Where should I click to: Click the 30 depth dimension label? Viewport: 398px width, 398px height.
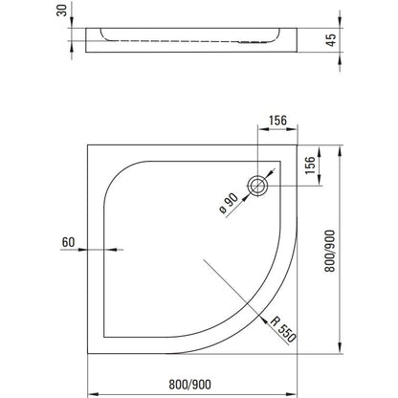[x=64, y=11]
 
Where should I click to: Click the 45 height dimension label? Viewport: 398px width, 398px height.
[x=332, y=40]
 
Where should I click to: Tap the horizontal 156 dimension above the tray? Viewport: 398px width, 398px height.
[x=277, y=121]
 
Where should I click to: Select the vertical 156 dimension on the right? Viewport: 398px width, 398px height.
[x=310, y=166]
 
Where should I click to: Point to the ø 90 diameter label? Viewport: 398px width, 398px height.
[x=229, y=204]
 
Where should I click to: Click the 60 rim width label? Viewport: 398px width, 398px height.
[x=68, y=242]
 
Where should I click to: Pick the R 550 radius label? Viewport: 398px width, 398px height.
[x=283, y=329]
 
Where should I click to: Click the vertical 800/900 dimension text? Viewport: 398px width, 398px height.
[x=330, y=251]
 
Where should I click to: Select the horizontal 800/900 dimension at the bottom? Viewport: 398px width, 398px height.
[x=189, y=385]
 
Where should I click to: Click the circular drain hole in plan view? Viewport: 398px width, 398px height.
[x=258, y=187]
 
